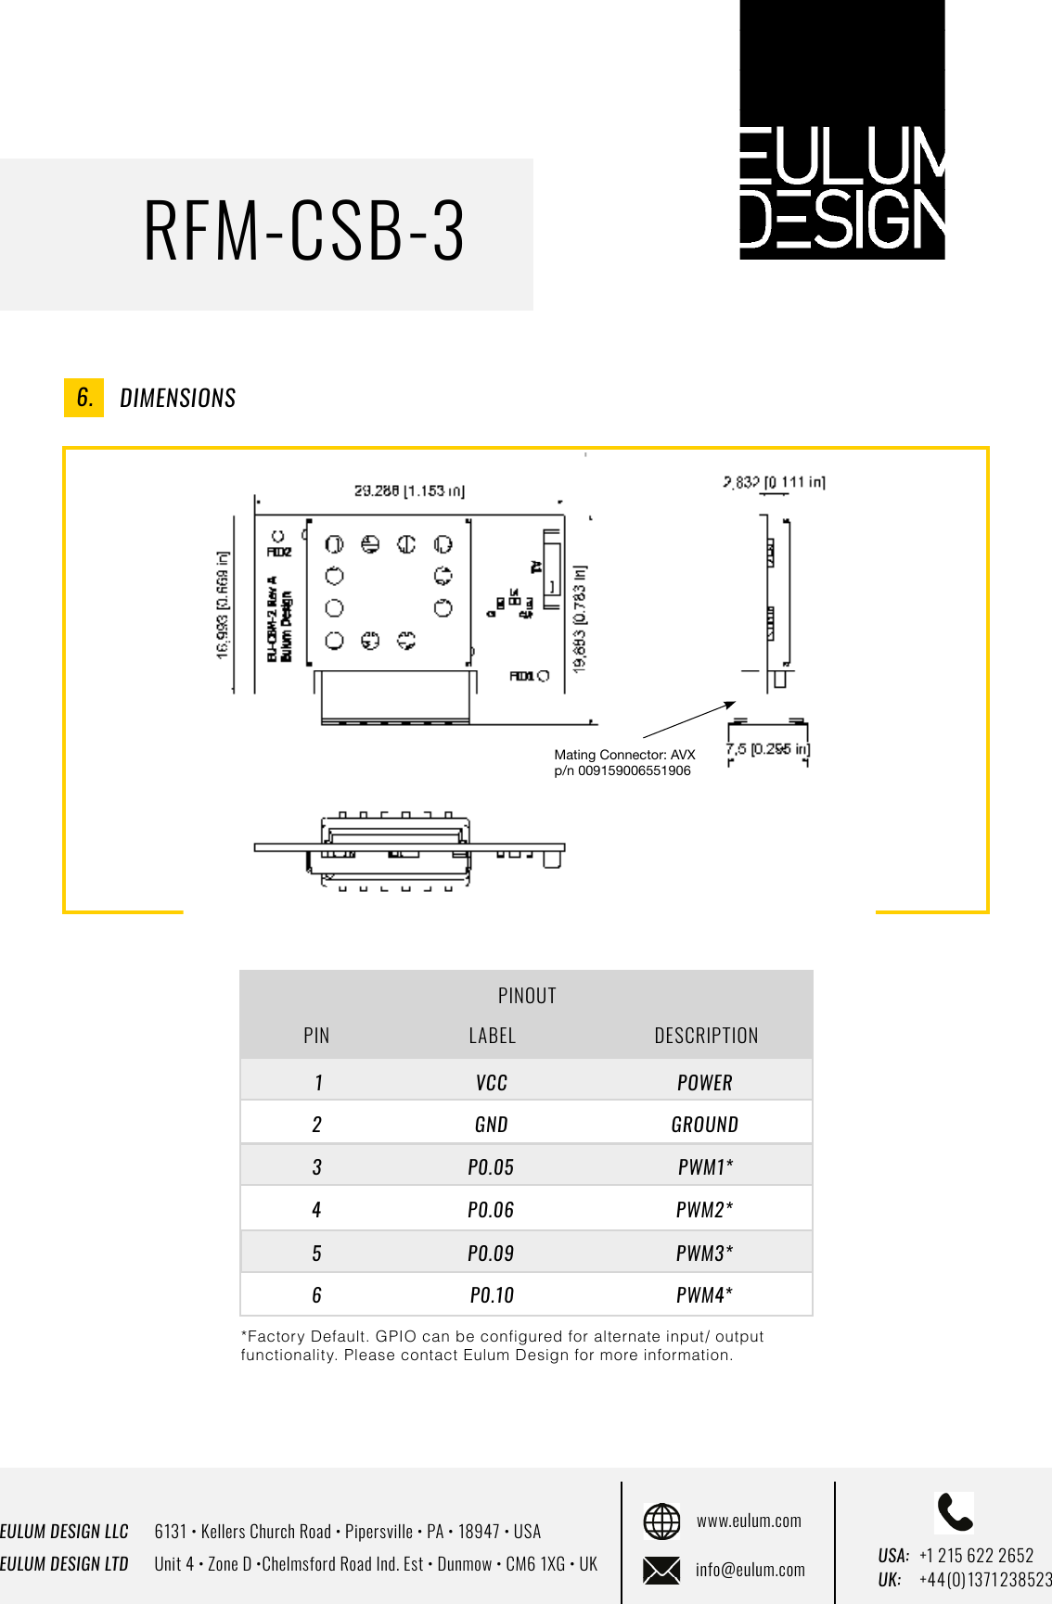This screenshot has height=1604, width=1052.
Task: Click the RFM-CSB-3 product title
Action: (303, 231)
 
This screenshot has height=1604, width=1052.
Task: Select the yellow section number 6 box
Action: (83, 398)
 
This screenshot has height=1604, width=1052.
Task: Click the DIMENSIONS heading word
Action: (178, 399)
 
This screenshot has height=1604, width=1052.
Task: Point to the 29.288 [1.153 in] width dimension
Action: (409, 490)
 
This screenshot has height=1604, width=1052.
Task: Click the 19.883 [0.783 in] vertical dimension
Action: (580, 618)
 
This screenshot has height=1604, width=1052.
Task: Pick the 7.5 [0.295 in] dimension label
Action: (767, 749)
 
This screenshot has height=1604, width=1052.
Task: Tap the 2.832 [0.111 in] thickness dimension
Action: (774, 482)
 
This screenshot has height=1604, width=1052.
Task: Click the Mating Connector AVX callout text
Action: (623, 762)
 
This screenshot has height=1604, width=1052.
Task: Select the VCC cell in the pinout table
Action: (491, 1083)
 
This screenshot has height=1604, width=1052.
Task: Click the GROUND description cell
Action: (705, 1125)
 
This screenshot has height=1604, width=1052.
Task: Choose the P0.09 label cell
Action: (491, 1254)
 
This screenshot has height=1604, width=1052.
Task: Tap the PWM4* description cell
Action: (705, 1295)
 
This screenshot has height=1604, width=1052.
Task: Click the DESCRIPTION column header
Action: (706, 1036)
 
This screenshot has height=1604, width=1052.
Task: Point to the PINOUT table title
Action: (527, 996)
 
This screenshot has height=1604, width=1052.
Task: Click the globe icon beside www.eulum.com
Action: (661, 1521)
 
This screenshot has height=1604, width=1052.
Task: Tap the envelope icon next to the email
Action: (661, 1570)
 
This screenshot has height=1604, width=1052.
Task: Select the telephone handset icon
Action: (955, 1512)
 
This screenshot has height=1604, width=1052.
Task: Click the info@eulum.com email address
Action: (750, 1570)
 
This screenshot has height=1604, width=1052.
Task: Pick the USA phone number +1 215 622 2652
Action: (976, 1555)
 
